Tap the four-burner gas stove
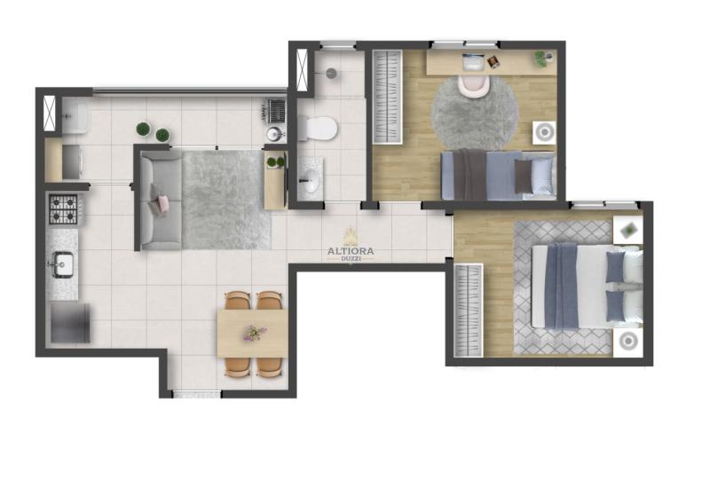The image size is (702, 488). [x=63, y=209]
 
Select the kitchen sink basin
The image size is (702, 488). [x=63, y=264]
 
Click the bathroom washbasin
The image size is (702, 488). [x=311, y=181]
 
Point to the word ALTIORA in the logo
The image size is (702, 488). [x=351, y=251]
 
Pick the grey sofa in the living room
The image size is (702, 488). [x=161, y=201]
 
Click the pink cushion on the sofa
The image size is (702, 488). [x=162, y=204]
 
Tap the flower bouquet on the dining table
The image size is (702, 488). [x=255, y=333]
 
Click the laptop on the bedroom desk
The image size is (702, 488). [x=474, y=63]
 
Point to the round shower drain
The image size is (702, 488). [x=332, y=73]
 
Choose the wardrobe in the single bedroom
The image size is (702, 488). [x=388, y=97]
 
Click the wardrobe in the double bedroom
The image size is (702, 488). [x=469, y=311]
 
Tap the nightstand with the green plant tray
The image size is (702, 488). [x=628, y=230]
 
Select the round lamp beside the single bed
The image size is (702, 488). [x=544, y=132]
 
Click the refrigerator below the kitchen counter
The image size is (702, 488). [x=70, y=323]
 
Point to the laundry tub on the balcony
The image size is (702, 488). [x=75, y=116]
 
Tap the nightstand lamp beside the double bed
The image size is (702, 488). [x=628, y=342]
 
